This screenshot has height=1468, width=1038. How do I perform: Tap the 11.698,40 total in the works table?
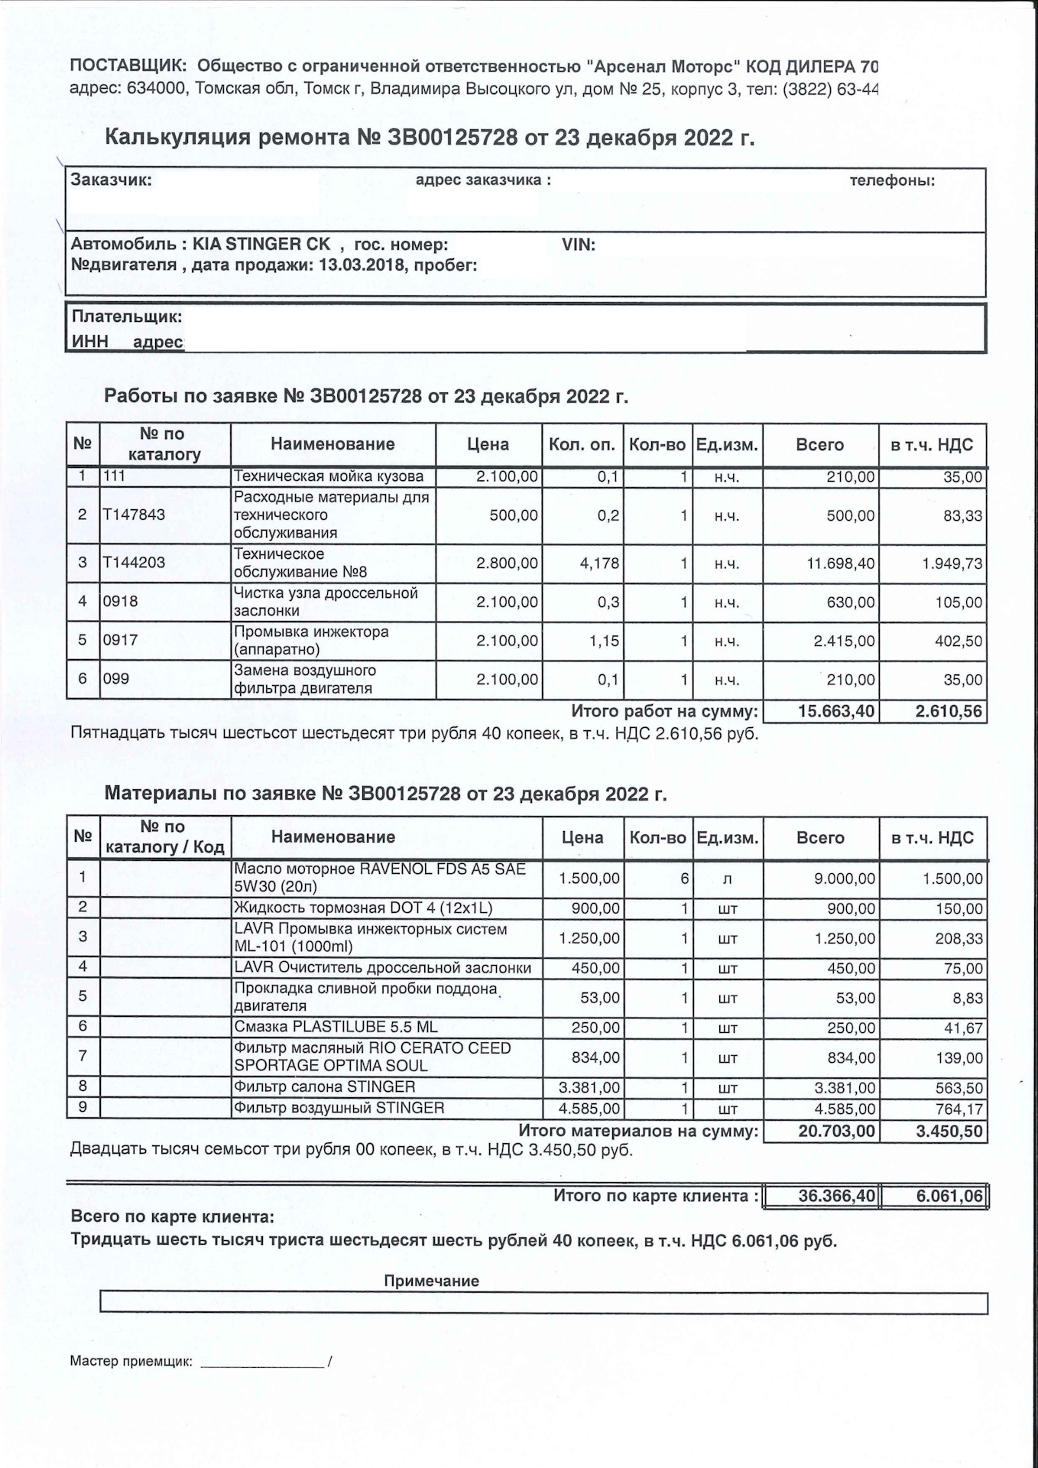(841, 564)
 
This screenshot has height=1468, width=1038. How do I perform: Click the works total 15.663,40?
(836, 712)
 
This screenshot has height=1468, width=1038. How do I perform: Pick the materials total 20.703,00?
(836, 1131)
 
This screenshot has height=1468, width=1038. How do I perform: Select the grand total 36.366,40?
(836, 1196)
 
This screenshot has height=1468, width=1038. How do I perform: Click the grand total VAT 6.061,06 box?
(949, 1196)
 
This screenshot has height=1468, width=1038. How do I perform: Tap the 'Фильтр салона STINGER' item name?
(325, 1086)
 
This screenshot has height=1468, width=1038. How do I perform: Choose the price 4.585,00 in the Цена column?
(589, 1109)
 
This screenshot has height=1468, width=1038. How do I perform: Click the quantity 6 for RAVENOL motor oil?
(685, 879)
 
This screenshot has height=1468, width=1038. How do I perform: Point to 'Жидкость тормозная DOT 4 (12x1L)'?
(363, 908)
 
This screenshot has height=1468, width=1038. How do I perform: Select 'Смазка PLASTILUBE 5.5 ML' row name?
(336, 1027)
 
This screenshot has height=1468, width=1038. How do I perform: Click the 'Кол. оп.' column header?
(581, 445)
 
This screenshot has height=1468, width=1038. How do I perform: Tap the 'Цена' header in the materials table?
(582, 837)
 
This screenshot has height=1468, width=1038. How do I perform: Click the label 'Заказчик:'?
(111, 180)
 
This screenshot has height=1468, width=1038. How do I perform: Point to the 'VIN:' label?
(579, 245)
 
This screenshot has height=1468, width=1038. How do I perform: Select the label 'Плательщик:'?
(127, 317)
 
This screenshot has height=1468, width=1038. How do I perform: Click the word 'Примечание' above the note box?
(431, 1281)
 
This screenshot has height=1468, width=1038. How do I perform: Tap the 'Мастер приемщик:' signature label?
(131, 1362)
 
